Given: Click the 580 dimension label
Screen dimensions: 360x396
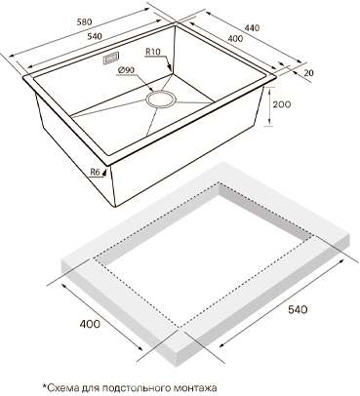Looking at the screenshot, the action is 85,22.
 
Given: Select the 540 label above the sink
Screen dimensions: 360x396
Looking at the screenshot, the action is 95,36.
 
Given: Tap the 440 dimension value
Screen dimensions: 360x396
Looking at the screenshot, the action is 252,28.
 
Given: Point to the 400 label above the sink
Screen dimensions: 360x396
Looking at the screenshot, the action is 235,38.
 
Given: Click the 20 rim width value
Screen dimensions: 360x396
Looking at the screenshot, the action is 309,73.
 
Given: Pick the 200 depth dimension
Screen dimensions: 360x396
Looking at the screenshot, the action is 282,104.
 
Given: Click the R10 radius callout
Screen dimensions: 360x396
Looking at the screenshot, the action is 153,52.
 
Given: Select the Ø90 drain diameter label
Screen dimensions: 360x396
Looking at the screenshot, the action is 127,70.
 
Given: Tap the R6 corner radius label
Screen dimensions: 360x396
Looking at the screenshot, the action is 95,172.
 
